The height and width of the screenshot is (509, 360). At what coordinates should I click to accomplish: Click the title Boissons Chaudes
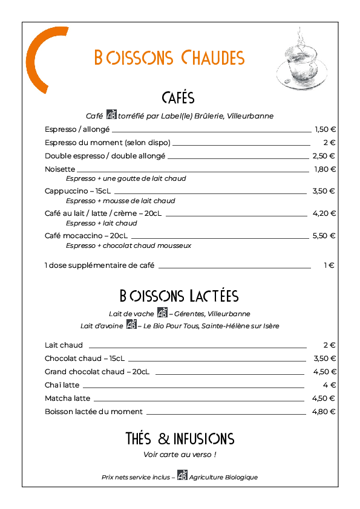click(x=169, y=57)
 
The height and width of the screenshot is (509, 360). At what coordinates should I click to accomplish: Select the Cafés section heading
click(x=178, y=98)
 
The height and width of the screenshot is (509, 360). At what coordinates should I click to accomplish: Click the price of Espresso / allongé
click(x=325, y=129)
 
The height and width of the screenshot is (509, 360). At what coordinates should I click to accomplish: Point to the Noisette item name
click(x=60, y=169)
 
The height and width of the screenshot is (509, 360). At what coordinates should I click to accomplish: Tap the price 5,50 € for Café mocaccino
click(x=324, y=236)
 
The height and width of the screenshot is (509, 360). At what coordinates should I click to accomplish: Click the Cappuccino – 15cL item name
click(x=77, y=191)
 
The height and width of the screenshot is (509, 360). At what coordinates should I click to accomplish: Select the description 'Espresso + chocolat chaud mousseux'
click(x=128, y=245)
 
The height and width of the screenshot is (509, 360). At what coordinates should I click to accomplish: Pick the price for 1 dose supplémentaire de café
click(x=329, y=265)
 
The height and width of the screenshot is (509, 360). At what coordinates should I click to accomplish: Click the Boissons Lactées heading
click(x=179, y=296)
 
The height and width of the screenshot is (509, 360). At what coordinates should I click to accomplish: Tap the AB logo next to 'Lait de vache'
click(x=162, y=313)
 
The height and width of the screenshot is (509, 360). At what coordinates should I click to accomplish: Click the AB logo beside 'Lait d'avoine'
click(x=131, y=324)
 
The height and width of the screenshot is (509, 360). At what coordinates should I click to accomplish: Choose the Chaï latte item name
click(x=62, y=385)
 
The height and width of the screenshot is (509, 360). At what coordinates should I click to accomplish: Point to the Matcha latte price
click(x=324, y=398)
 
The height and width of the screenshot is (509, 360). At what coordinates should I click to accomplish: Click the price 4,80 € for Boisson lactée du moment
click(x=324, y=412)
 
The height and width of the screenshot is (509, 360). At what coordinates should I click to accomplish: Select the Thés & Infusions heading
click(x=180, y=438)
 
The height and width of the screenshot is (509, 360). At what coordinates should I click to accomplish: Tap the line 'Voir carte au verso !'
click(x=180, y=455)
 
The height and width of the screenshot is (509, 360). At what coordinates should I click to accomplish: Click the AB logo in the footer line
click(x=182, y=475)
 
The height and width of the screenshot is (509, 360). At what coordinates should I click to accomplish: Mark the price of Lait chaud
click(x=329, y=345)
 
